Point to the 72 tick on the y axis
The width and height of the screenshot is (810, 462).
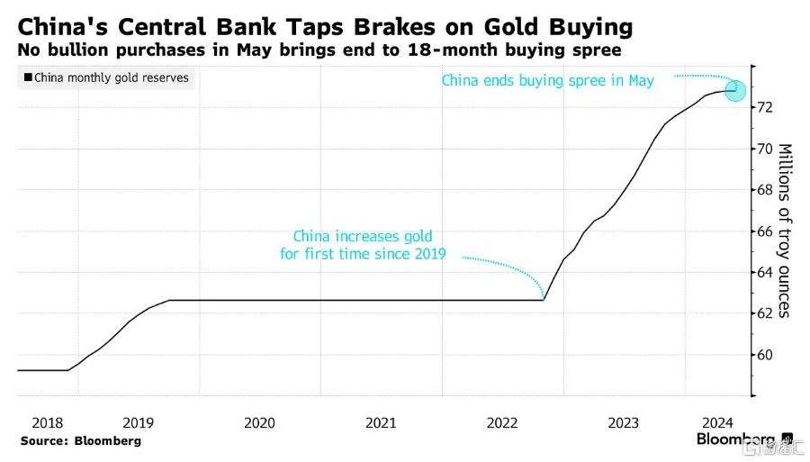click(x=764, y=107)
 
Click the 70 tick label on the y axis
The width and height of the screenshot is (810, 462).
click(x=764, y=149)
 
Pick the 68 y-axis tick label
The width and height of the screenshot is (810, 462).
click(x=764, y=190)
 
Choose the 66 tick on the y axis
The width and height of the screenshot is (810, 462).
click(x=764, y=231)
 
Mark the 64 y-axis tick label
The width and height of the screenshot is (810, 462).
click(x=764, y=272)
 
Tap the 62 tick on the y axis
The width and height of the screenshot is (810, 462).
click(x=764, y=313)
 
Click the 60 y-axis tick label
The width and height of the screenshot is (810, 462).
click(x=764, y=355)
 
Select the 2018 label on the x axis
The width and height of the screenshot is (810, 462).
click(x=48, y=421)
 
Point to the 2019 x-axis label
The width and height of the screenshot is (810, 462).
click(x=138, y=421)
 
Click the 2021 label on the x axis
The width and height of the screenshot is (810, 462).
click(x=381, y=421)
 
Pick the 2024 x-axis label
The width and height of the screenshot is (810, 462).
click(x=717, y=421)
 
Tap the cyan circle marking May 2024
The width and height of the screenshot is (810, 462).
click(x=735, y=91)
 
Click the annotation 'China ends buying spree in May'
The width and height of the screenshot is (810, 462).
click(x=547, y=80)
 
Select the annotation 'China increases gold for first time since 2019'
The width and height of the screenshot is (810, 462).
click(x=364, y=247)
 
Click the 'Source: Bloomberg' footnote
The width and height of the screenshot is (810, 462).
click(x=81, y=441)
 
